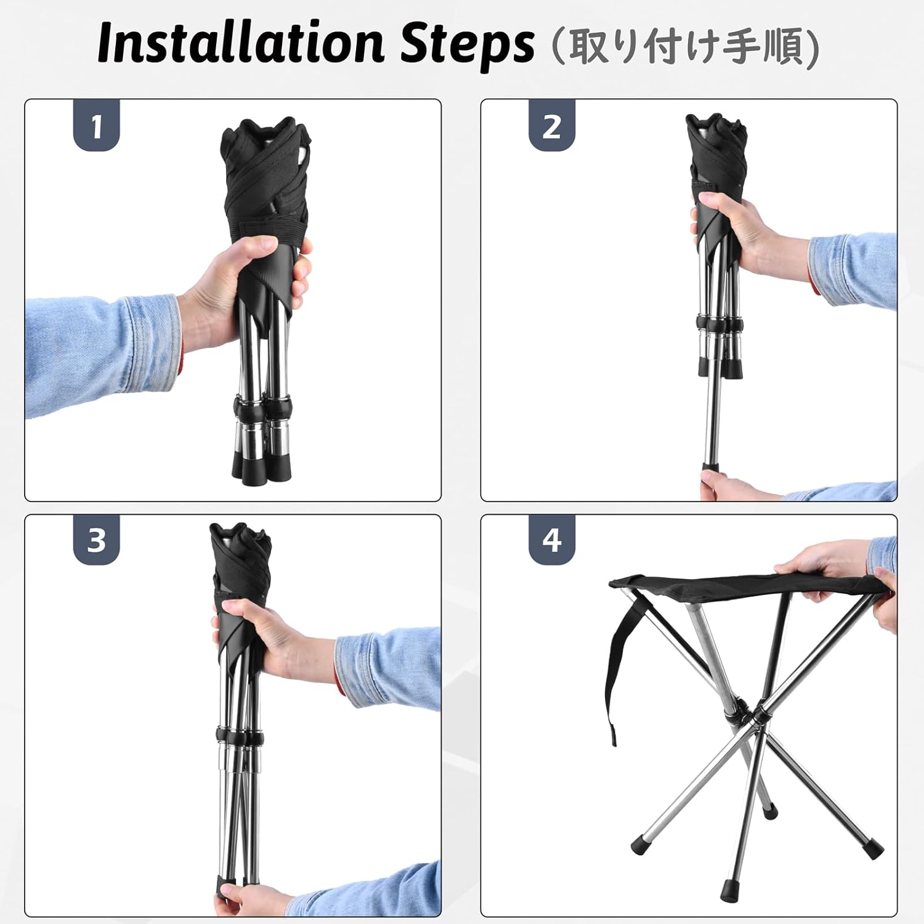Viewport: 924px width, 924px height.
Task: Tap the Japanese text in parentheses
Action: pos(683,46)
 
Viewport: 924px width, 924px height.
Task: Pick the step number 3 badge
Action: pos(97,540)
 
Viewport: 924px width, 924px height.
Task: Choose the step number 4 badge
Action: pos(552,540)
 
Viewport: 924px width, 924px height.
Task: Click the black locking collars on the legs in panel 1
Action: pos(262,407)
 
